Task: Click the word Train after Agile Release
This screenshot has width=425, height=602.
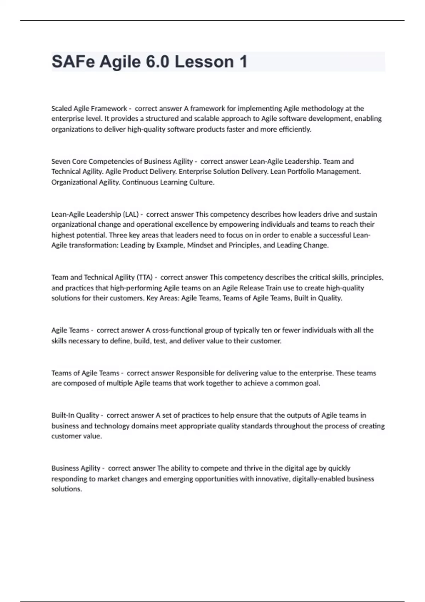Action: click(274, 288)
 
